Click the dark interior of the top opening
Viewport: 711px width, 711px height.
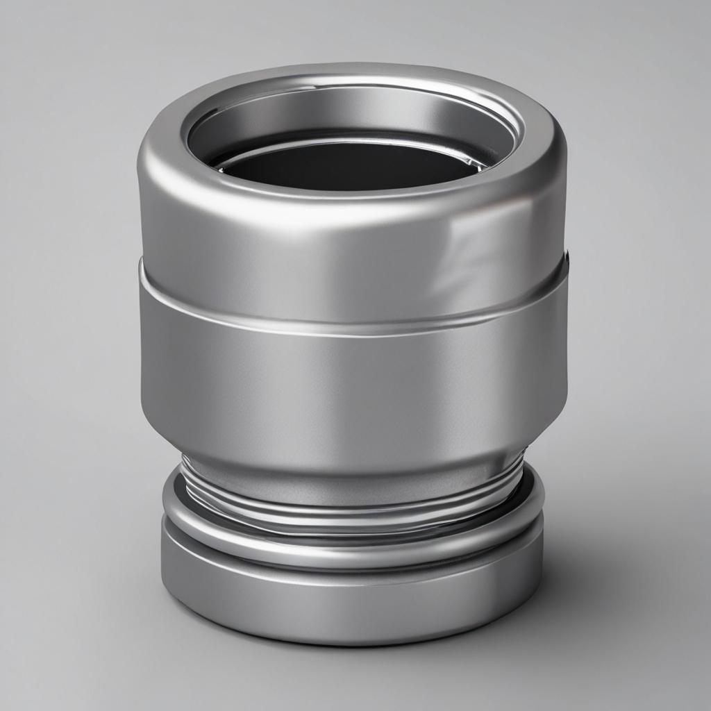coord(347,170)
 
